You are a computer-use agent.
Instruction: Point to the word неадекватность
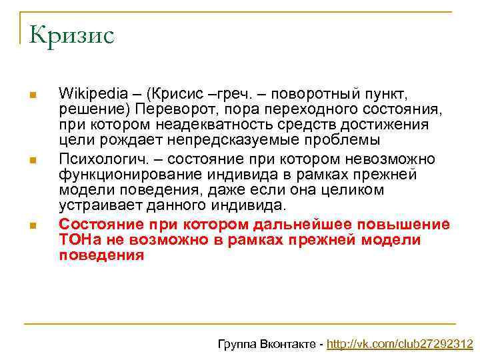[x=222, y=125]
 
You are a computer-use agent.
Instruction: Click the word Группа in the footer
[x=236, y=344]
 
